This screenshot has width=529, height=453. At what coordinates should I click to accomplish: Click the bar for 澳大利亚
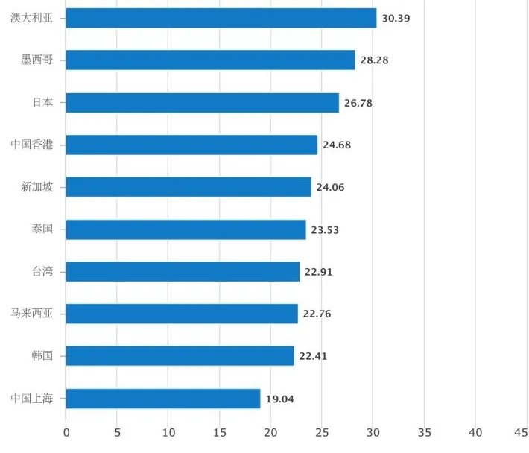pyautogui.click(x=221, y=18)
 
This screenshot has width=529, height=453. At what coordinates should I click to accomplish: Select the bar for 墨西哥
pyautogui.click(x=210, y=60)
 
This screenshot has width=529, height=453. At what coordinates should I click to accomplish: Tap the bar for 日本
pyautogui.click(x=203, y=103)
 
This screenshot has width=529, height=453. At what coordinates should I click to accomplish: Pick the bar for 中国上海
pyautogui.click(x=163, y=399)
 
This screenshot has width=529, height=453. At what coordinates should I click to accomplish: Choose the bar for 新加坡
pyautogui.click(x=189, y=187)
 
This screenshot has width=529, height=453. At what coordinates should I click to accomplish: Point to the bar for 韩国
pyautogui.click(x=180, y=356)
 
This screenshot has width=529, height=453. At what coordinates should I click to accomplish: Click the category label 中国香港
pyautogui.click(x=32, y=145)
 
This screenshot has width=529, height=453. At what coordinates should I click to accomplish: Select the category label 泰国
pyautogui.click(x=42, y=229)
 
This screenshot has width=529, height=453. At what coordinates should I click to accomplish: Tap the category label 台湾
pyautogui.click(x=42, y=272)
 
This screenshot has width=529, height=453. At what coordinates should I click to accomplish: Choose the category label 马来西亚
pyautogui.click(x=32, y=314)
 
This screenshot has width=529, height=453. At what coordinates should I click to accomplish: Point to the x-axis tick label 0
pyautogui.click(x=66, y=432)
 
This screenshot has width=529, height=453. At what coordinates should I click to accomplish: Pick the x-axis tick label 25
pyautogui.click(x=322, y=432)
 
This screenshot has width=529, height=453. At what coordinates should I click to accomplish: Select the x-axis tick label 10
pyautogui.click(x=168, y=432)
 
